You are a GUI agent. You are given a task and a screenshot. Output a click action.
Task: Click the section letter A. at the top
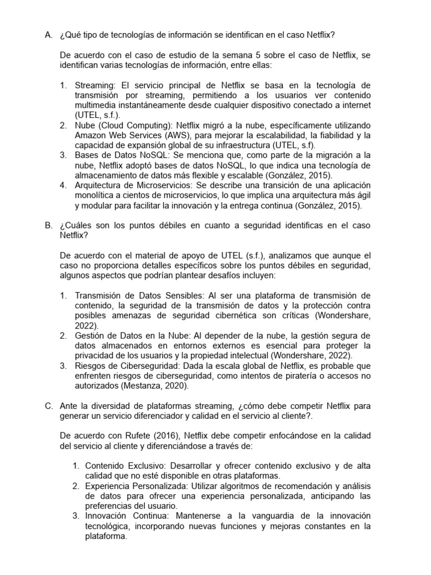tap(48, 35)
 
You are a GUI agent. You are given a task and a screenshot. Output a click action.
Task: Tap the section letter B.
tap(48, 225)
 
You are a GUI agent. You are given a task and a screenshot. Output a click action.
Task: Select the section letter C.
tap(48, 405)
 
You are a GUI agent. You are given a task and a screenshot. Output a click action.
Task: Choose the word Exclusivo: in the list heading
tap(148, 466)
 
